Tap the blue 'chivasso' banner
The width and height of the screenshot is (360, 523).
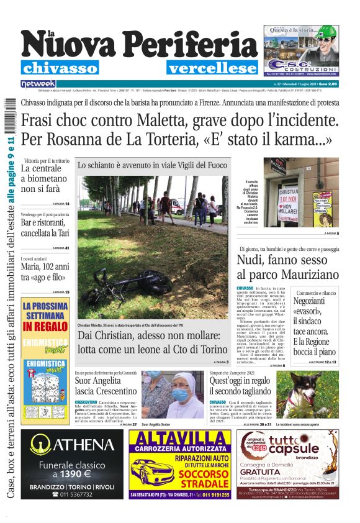pos(60,68)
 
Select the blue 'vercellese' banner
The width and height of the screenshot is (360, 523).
pos(212,68)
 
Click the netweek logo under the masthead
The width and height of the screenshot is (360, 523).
pos(38,83)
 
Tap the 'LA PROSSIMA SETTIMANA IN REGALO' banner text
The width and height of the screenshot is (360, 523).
pos(45,317)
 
